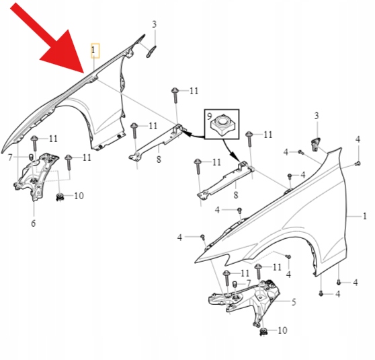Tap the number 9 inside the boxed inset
click(x=209, y=116)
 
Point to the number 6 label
click(x=33, y=223)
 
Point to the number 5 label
click(x=294, y=302)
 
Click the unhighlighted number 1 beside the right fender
click(x=364, y=216)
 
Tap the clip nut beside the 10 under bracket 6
click(x=60, y=197)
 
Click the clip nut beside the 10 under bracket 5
click(x=263, y=332)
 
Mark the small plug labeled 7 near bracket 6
click(x=31, y=157)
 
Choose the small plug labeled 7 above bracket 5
click(x=235, y=284)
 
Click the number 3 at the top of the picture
click(x=155, y=24)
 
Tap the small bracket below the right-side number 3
click(x=315, y=144)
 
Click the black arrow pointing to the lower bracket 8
click(x=231, y=149)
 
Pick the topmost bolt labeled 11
click(x=175, y=95)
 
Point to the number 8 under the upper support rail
click(x=159, y=159)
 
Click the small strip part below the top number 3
click(x=151, y=52)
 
